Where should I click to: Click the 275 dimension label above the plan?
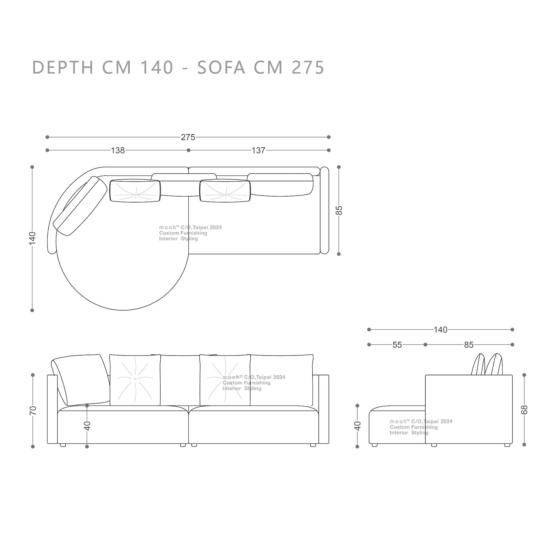point(188,137)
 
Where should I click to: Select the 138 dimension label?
point(118,150)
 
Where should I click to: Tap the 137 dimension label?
point(258,150)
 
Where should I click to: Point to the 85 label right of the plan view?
point(339,210)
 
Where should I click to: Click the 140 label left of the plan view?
point(32,238)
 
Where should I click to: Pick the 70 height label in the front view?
point(33,410)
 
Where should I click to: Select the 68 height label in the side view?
point(524,410)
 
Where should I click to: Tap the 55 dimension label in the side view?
point(397,345)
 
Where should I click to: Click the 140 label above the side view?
point(440,329)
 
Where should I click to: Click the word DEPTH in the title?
point(63,67)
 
